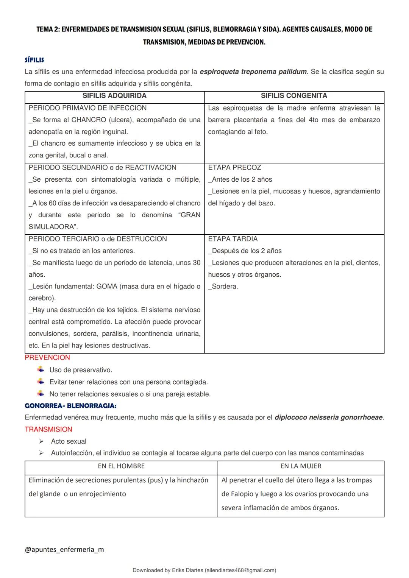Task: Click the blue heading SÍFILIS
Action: pos(34,60)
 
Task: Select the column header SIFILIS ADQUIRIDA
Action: pos(114,96)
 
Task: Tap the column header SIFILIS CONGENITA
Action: pos(294,96)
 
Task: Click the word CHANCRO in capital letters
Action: pos(89,120)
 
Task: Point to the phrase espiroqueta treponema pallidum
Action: pos(253,72)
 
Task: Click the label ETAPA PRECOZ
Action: pos(234,167)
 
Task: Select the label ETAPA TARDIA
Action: pos(233,239)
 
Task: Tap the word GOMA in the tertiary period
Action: pos(107,286)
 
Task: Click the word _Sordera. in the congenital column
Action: pos(223,286)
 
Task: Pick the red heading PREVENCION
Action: pos(47,357)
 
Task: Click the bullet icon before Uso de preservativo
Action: pos(41,369)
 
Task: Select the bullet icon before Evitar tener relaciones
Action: pos(41,381)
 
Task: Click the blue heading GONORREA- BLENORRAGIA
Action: pos(70,405)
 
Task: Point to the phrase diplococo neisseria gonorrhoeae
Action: pos(329,418)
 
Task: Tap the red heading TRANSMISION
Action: pos(48,429)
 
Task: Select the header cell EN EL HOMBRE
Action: pos(121,466)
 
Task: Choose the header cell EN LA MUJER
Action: pos(301,466)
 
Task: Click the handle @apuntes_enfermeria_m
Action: pos(64,549)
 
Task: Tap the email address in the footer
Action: pos(240,570)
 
